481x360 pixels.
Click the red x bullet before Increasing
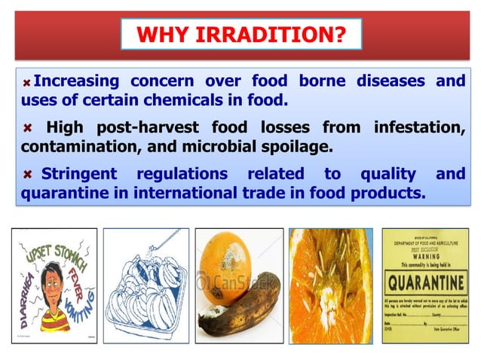pyautogui.click(x=29, y=81)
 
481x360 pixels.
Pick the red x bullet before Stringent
pyautogui.click(x=27, y=175)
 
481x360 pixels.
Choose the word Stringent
pyautogui.click(x=78, y=175)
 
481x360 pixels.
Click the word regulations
pyautogui.click(x=182, y=175)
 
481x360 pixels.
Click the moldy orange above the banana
pyautogui.click(x=226, y=264)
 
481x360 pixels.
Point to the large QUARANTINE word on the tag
pyautogui.click(x=424, y=287)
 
